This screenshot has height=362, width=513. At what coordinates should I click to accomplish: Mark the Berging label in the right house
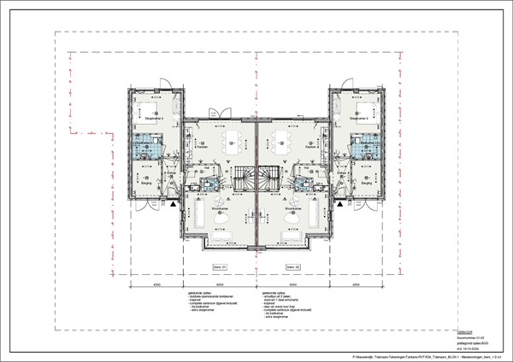coord(366,182)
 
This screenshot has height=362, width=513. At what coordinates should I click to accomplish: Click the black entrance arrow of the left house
coord(174,204)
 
